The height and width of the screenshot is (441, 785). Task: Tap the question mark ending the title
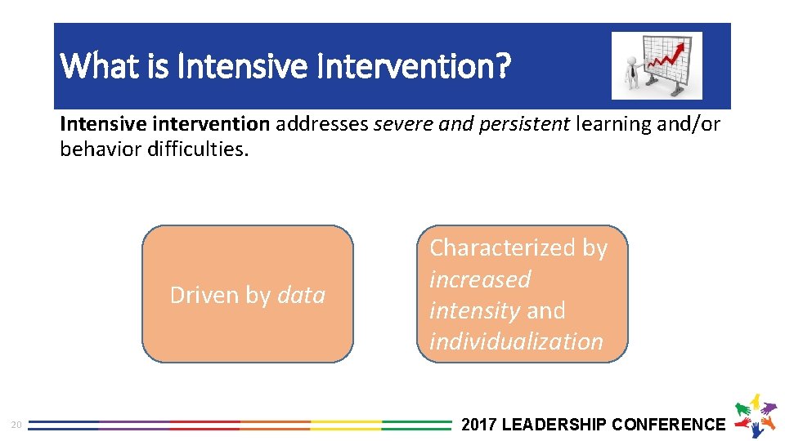click(502, 65)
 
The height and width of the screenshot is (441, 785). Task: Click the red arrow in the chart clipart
click(671, 57)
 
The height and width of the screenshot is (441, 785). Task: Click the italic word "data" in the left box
click(302, 295)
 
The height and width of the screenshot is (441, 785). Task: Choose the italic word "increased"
click(480, 279)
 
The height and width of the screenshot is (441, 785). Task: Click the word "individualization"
click(516, 341)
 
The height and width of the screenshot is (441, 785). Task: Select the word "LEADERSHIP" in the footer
click(553, 425)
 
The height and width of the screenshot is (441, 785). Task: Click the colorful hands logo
click(756, 415)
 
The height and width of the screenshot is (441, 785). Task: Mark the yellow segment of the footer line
click(345, 425)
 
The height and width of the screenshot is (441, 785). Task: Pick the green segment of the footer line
click(416, 425)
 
